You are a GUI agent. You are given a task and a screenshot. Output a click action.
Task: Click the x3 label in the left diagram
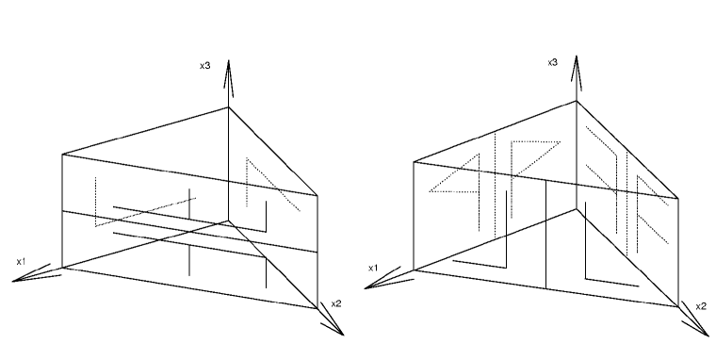[x=204, y=65]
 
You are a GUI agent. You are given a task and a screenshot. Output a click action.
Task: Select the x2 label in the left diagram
[x=335, y=303]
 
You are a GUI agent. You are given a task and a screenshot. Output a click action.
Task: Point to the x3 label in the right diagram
[x=554, y=62]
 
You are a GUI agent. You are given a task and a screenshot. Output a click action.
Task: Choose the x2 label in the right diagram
[x=700, y=306]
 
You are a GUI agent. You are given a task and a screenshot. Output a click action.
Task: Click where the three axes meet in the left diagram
[x=228, y=220]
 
